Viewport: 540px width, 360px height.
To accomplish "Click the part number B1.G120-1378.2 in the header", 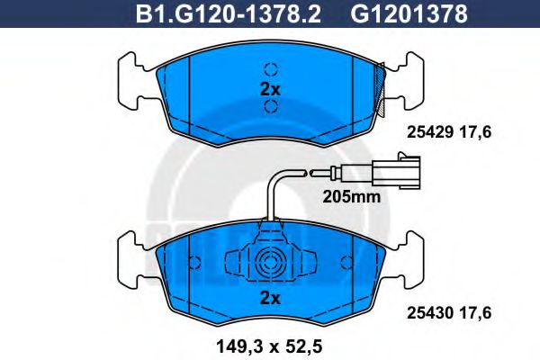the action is point(229,13).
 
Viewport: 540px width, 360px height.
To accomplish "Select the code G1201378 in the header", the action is point(409,13).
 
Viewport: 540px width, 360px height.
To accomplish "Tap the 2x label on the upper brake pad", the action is point(270,90).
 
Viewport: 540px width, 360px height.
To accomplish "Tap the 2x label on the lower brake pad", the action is point(270,298).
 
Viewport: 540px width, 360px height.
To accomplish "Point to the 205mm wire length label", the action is point(352,197).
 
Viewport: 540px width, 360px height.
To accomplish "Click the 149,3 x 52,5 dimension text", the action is point(269,346).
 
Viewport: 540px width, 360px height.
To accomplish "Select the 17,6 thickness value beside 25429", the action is point(475,132).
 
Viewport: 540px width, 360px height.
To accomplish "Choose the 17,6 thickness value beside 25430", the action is point(475,313).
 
